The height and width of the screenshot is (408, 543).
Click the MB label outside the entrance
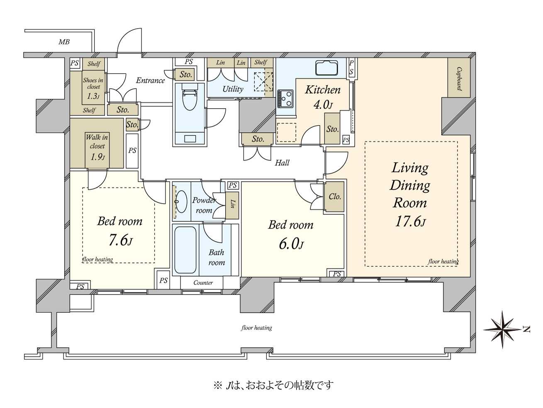coord(64,42)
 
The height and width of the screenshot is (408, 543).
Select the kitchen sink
coord(326,67)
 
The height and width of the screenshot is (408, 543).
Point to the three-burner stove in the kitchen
coord(285,99)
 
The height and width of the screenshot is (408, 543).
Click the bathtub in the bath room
coord(185,250)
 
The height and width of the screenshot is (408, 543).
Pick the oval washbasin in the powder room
coord(181,202)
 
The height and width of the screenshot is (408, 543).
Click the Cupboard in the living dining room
coord(459,78)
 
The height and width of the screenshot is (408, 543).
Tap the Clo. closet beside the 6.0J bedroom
coord(335,197)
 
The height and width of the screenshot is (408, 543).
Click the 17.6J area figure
coord(410,221)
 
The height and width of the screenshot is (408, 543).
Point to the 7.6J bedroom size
coord(120,240)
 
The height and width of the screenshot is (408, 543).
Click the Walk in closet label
coord(97,142)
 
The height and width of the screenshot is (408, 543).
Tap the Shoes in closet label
coord(93,83)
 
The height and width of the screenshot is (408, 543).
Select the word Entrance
coord(151,80)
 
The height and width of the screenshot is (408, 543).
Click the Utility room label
coord(233,89)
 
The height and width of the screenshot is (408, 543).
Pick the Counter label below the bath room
coord(203,283)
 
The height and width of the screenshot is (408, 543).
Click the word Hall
coord(282,163)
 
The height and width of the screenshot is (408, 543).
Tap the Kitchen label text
coord(323,90)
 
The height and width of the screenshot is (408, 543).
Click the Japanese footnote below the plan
coord(273,385)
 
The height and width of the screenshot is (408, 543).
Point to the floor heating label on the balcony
coord(256,328)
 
